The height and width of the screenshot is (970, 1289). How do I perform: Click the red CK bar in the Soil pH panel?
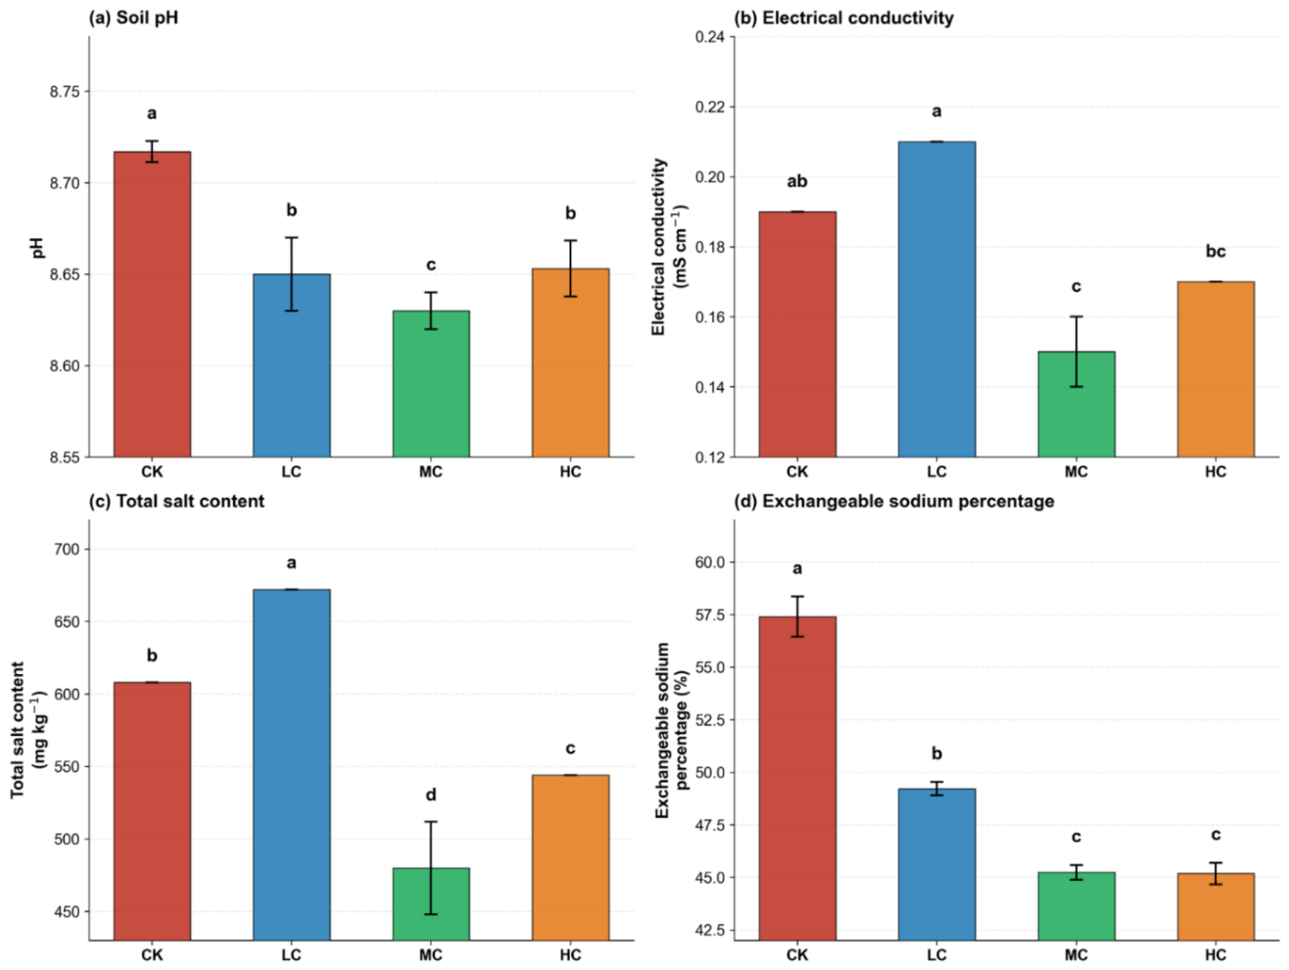[152, 304]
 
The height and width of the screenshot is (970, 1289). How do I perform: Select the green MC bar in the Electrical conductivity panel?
[1075, 404]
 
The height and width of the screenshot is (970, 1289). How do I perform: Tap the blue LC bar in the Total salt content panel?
[291, 764]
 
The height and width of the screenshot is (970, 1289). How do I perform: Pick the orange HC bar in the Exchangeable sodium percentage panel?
[1215, 906]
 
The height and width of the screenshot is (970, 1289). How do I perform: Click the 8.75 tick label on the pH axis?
[67, 92]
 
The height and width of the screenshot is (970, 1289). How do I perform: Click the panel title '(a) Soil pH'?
[133, 19]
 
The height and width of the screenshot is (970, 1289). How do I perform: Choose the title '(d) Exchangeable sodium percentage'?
[893, 501]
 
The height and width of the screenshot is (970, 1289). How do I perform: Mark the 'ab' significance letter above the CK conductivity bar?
[797, 182]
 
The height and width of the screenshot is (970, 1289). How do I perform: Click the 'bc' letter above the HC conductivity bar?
[1215, 252]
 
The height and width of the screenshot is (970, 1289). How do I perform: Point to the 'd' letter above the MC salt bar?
[430, 795]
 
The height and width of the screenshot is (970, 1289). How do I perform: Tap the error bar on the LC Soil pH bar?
[291, 274]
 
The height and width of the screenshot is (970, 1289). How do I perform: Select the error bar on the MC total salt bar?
[430, 868]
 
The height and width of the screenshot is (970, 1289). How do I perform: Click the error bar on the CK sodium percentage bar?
[797, 616]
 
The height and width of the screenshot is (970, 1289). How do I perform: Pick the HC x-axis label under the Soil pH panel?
[570, 472]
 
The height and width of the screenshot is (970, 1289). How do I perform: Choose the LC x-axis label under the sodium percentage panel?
[936, 955]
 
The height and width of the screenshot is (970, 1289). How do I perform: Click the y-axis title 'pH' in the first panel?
[38, 247]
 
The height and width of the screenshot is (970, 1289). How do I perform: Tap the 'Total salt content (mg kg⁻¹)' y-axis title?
[27, 730]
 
